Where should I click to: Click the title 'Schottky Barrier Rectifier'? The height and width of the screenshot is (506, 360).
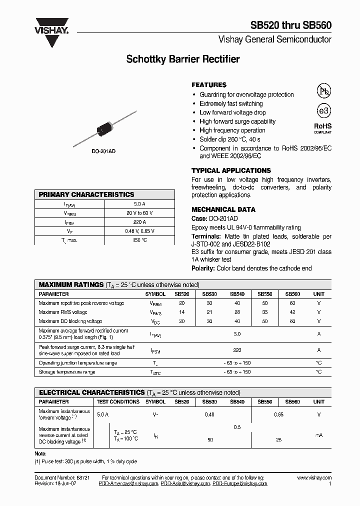click(183, 59)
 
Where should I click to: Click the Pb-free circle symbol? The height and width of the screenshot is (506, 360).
click(324, 90)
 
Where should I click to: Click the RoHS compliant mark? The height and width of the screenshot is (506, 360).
click(322, 128)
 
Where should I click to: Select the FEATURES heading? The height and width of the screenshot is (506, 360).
click(209, 85)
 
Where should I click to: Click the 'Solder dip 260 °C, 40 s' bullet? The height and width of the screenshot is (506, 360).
click(229, 139)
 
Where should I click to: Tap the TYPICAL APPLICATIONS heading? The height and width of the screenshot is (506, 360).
click(231, 170)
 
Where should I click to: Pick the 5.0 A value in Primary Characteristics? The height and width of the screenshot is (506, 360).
click(139, 204)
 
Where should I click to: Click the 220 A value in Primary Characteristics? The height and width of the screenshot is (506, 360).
click(139, 222)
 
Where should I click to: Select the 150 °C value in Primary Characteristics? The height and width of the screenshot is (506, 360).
click(139, 240)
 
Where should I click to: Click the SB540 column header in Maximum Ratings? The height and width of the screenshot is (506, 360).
click(237, 294)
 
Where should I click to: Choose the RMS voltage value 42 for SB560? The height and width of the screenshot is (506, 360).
click(292, 312)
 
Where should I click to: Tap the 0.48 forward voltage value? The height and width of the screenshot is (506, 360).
click(209, 414)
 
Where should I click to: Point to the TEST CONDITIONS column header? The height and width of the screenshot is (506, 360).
click(118, 401)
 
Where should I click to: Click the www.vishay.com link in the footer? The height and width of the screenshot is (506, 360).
click(314, 478)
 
